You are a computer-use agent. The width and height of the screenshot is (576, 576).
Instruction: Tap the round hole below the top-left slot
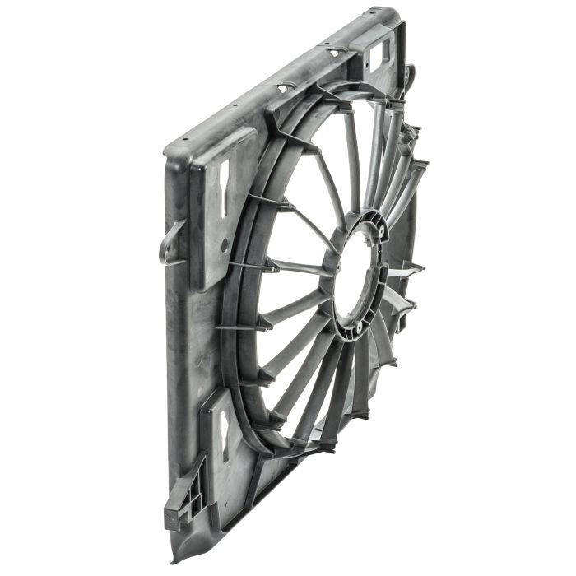tap(224, 244)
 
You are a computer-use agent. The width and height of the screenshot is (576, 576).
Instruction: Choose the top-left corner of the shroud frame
tap(169, 148)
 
